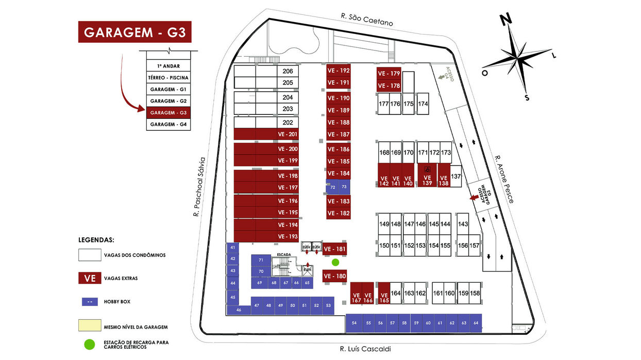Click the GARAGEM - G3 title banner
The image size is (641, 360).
tap(134, 32)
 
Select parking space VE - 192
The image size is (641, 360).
tap(338, 71)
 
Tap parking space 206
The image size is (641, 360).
tap(288, 72)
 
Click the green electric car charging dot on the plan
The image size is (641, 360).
tap(335, 262)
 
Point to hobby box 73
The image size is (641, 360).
tap(344, 186)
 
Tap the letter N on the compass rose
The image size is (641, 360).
tap(506, 20)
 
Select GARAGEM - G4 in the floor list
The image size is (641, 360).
tap(168, 125)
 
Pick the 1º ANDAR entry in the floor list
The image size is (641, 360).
tap(168, 66)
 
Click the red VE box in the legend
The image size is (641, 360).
tap(90, 278)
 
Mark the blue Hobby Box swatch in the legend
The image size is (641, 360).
tap(90, 302)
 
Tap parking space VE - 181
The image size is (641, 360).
tap(334, 249)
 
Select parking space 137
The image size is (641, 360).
tap(456, 176)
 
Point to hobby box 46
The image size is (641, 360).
tap(239, 310)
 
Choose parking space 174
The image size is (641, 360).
tap(423, 104)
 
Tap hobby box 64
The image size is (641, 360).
tap(476, 323)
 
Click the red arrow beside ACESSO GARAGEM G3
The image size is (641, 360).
tap(473, 197)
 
